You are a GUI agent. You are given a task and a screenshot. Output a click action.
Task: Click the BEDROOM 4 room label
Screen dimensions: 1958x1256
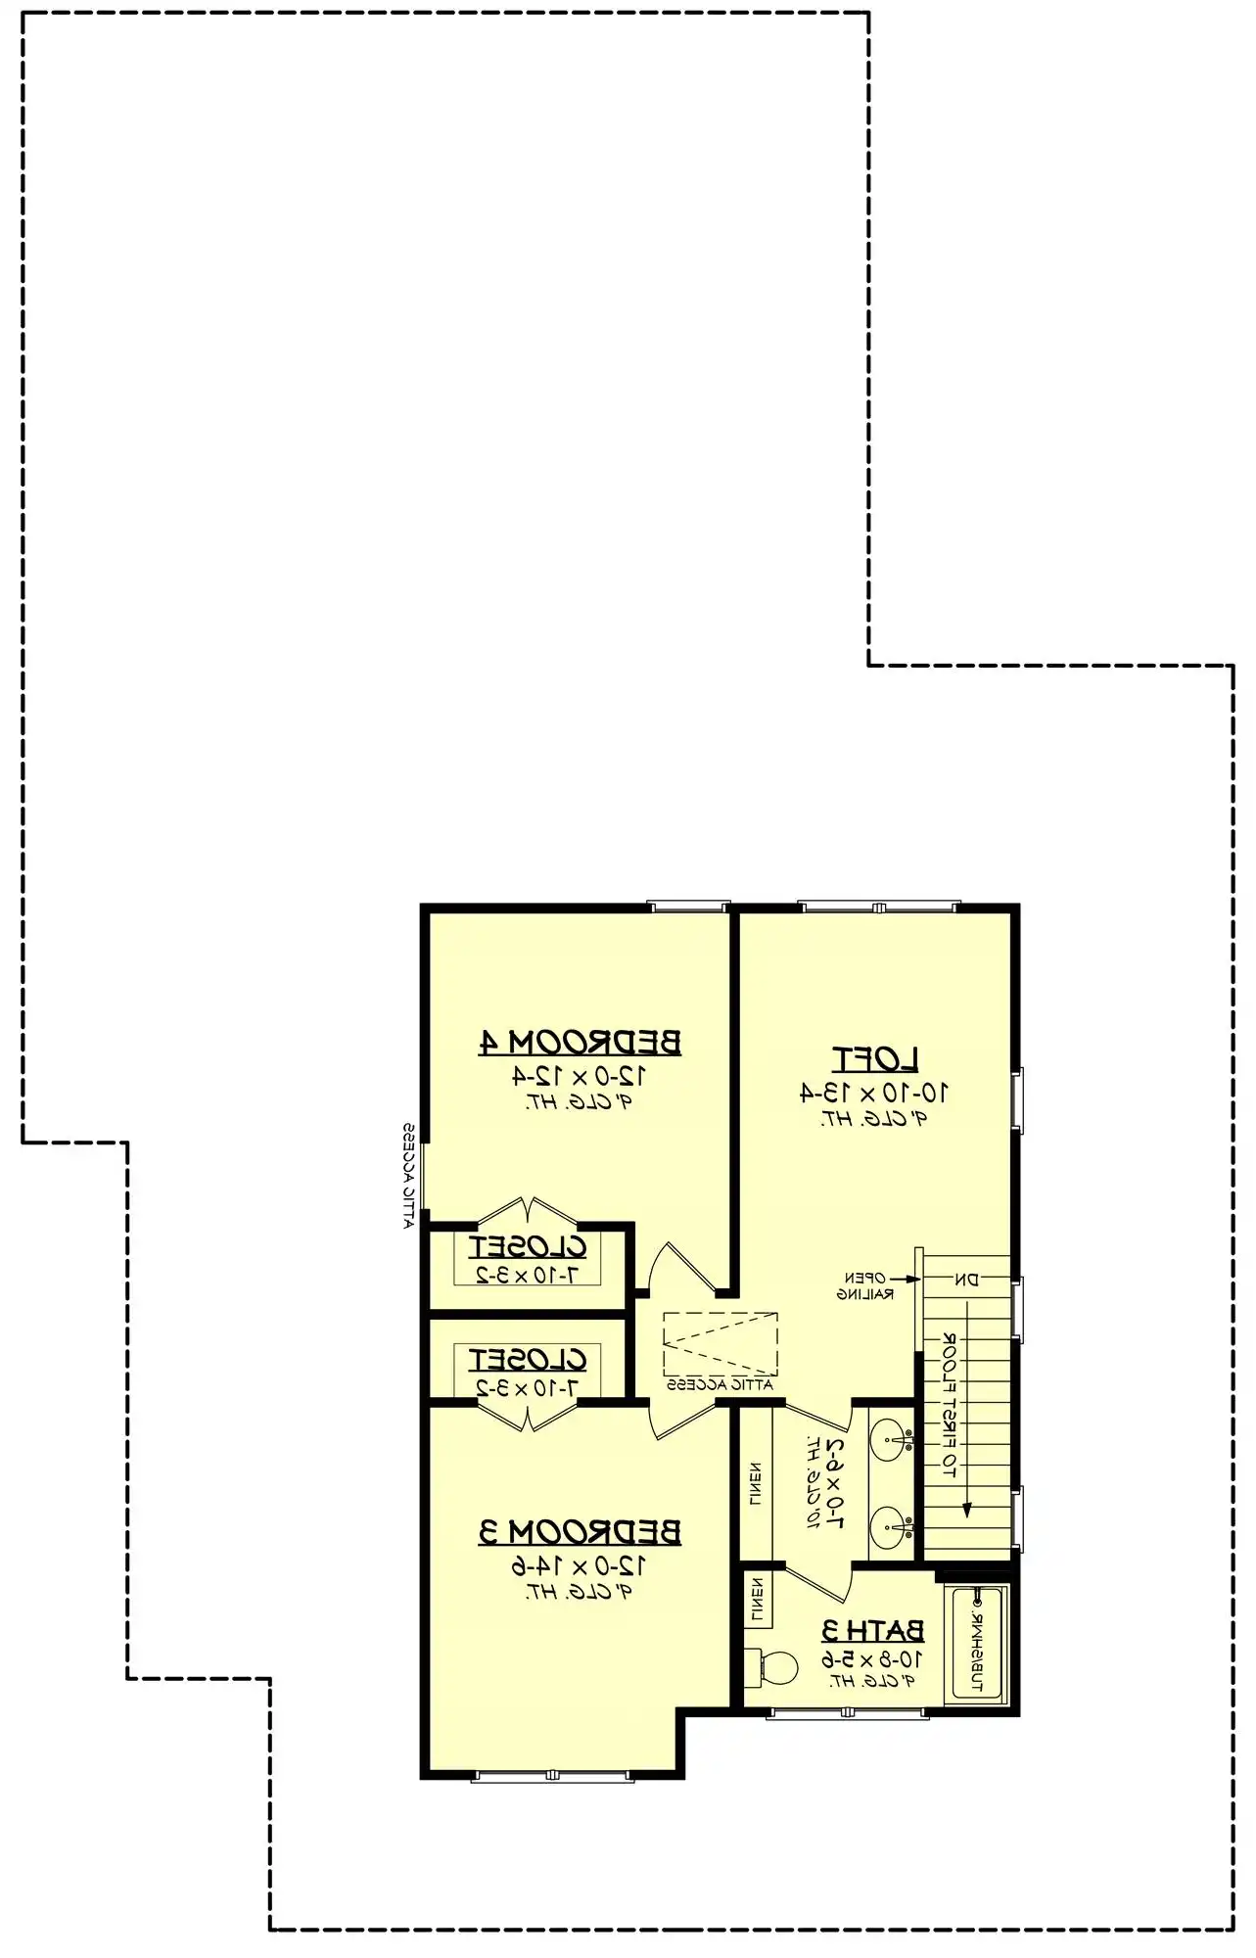pyautogui.click(x=580, y=1042)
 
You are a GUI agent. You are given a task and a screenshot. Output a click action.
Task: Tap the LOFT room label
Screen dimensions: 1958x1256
pyautogui.click(x=875, y=1058)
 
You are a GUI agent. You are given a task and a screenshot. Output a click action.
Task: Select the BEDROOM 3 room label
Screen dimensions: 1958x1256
pyautogui.click(x=580, y=1531)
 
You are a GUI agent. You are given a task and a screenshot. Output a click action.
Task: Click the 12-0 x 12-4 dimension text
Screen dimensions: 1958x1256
pyautogui.click(x=580, y=1076)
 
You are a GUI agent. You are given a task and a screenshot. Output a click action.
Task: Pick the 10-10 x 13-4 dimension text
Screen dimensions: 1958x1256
pyautogui.click(x=875, y=1093)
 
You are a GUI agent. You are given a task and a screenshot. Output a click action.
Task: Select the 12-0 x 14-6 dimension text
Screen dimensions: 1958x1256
pyautogui.click(x=580, y=1565)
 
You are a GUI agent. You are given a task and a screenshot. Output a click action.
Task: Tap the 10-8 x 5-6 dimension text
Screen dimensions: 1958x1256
pyautogui.click(x=871, y=1658)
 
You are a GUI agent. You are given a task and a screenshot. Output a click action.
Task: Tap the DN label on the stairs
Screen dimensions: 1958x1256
pyautogui.click(x=966, y=1279)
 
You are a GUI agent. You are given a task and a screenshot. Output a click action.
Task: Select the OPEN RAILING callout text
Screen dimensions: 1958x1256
pyautogui.click(x=865, y=1285)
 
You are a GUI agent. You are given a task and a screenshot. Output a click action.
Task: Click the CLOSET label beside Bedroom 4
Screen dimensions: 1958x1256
pyautogui.click(x=528, y=1247)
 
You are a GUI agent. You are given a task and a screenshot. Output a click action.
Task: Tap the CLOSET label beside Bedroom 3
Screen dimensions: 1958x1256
pyautogui.click(x=528, y=1360)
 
